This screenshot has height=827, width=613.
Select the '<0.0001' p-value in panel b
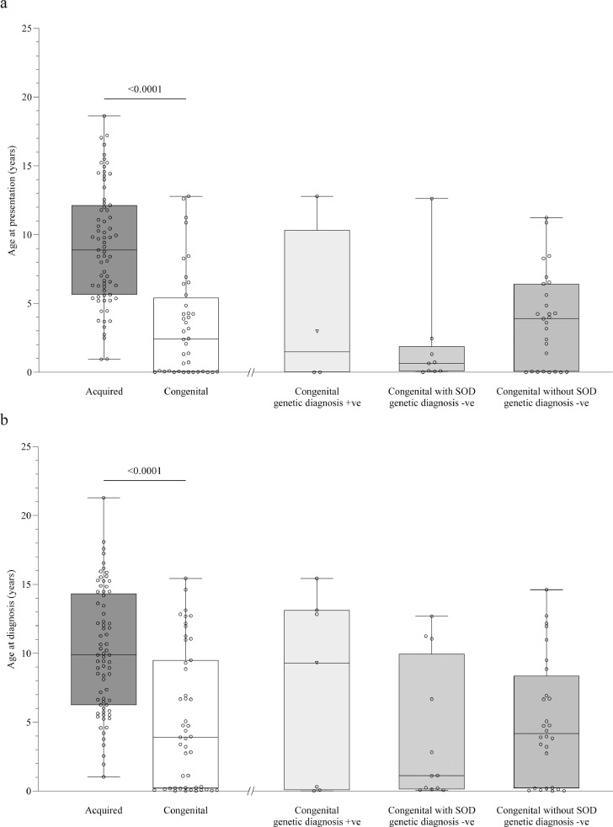pyautogui.click(x=144, y=494)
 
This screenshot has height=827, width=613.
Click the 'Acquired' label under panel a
pyautogui.click(x=104, y=392)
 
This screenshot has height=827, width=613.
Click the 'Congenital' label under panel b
pyautogui.click(x=185, y=810)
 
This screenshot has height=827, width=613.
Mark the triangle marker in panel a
pyautogui.click(x=317, y=331)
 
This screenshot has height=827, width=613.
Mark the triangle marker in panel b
pyautogui.click(x=317, y=663)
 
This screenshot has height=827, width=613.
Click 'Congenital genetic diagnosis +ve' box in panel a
pyautogui.click(x=317, y=286)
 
